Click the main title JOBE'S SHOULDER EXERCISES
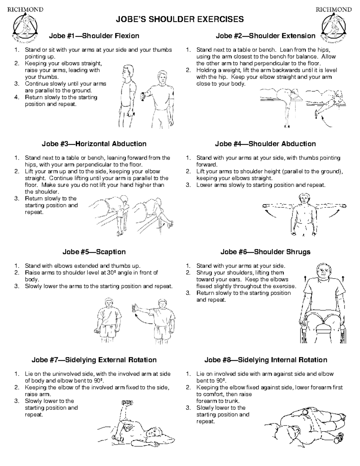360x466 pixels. click(180, 20)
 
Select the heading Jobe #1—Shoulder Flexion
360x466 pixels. click(94, 36)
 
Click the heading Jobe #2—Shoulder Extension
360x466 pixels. click(265, 36)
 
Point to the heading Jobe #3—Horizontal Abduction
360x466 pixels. click(94, 144)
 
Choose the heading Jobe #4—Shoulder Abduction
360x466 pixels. click(265, 144)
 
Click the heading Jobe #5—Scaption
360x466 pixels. click(94, 252)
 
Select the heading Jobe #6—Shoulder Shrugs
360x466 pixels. click(265, 252)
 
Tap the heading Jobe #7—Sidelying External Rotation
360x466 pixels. click(94, 360)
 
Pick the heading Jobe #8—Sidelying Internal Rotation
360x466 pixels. click(265, 360)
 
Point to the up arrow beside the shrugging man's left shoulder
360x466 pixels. click(343, 279)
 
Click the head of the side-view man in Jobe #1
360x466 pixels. click(128, 71)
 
